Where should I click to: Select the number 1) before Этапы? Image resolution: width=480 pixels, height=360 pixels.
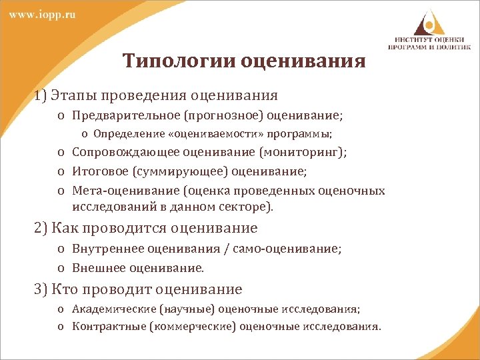point(41,95)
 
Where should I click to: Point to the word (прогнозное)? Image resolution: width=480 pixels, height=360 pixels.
point(202,116)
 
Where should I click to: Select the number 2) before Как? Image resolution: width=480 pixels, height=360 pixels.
point(41,228)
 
